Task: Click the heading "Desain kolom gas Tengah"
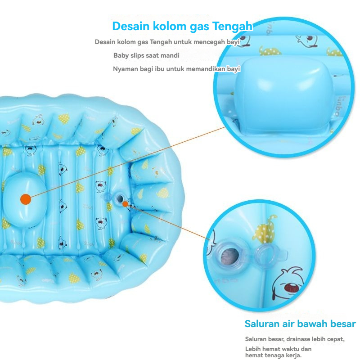coord(182,26)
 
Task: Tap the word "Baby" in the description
coord(121,55)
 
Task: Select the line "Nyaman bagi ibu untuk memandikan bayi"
coord(176,69)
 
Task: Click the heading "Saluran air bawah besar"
coord(300,324)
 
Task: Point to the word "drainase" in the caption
coord(294,339)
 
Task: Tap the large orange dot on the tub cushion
coord(26,198)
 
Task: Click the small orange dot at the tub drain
coord(126,204)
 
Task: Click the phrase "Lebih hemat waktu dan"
coord(278,349)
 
